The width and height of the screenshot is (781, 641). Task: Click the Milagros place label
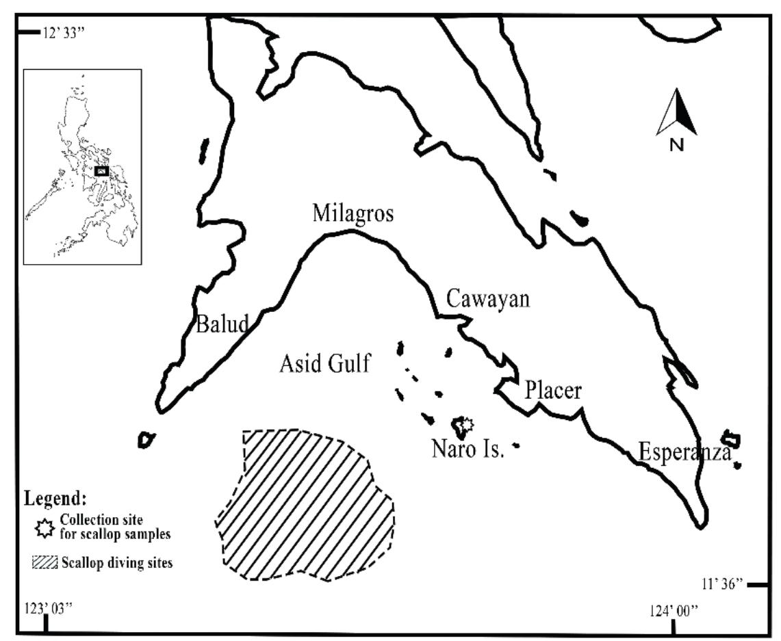(353, 213)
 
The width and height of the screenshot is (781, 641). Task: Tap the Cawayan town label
(487, 299)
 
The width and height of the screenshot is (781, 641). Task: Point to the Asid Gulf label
(324, 364)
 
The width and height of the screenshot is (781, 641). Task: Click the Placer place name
(552, 391)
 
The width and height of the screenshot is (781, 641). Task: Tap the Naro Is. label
(468, 449)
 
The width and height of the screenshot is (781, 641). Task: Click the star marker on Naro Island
(465, 426)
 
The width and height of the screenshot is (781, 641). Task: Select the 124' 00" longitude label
(675, 610)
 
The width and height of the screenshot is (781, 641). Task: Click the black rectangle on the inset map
(101, 171)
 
